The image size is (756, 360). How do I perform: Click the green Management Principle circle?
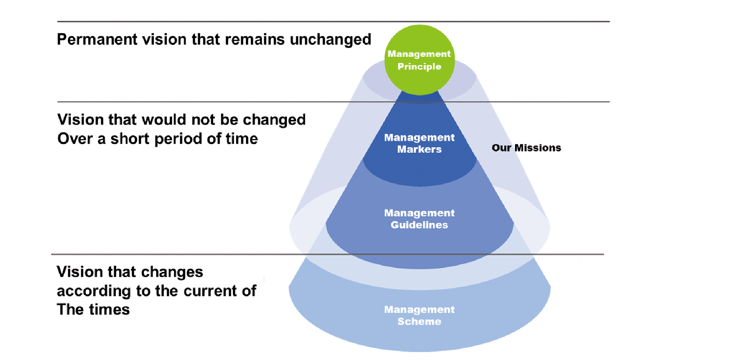point(419,60)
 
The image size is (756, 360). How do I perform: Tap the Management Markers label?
point(419,143)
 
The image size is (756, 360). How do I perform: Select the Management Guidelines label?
point(419,219)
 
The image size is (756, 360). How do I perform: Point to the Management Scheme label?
point(419,315)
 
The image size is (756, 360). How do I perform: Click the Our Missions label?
point(526,148)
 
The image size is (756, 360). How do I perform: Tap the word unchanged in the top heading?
point(330,40)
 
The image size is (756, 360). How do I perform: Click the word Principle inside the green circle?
point(419,67)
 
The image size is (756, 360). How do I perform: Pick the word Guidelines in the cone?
point(419,225)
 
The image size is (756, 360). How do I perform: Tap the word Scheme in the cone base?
point(419,322)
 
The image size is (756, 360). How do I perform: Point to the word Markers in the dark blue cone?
point(419,149)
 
